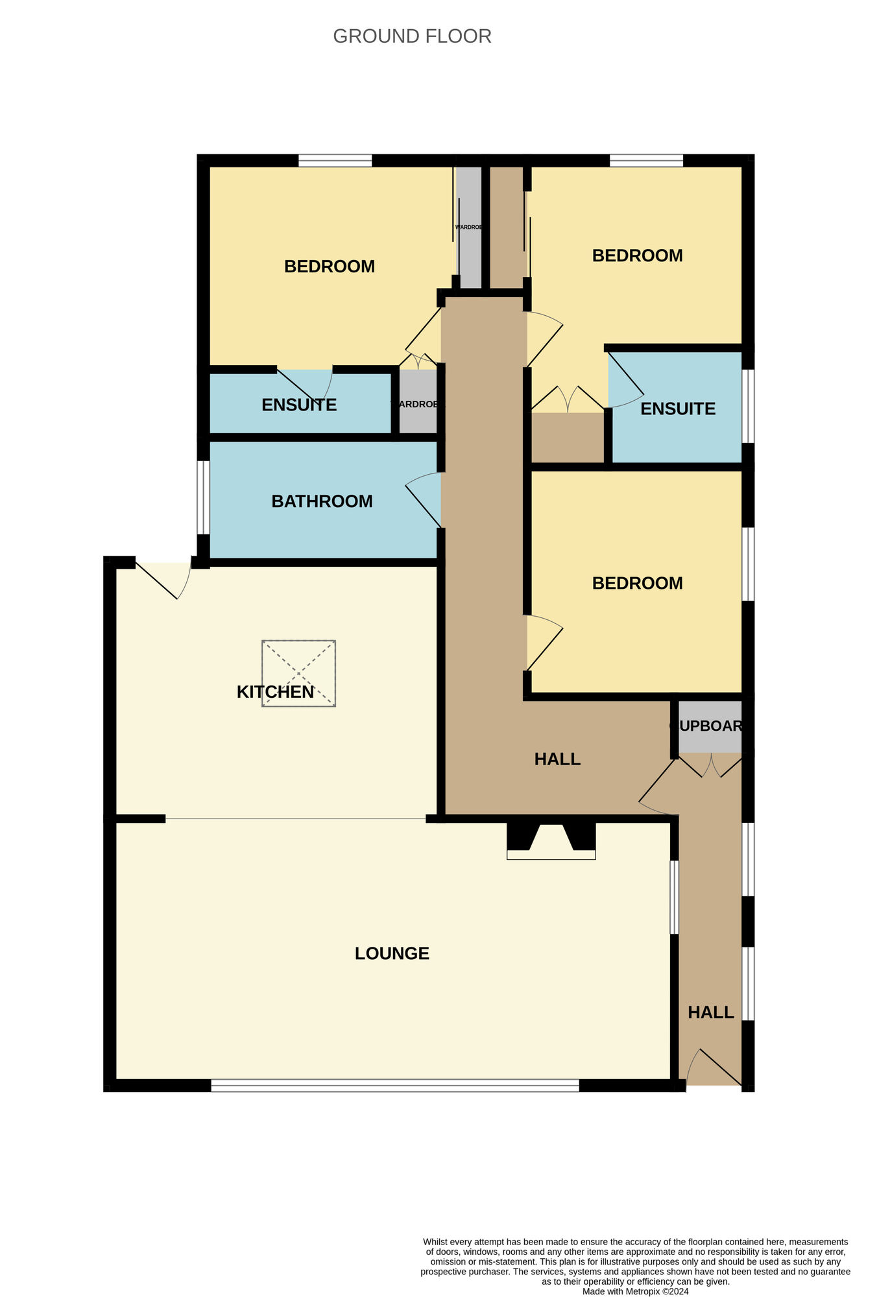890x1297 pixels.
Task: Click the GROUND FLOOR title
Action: pyautogui.click(x=412, y=36)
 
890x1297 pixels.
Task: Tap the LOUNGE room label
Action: pyautogui.click(x=392, y=953)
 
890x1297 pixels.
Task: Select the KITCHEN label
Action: pyautogui.click(x=275, y=692)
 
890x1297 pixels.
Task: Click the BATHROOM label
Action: pyautogui.click(x=322, y=501)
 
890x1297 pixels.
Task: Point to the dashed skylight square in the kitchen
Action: pyautogui.click(x=298, y=673)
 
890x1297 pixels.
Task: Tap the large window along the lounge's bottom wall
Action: pyautogui.click(x=394, y=1085)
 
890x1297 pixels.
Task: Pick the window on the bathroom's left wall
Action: pyautogui.click(x=203, y=497)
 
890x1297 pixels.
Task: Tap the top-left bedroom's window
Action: pyautogui.click(x=335, y=160)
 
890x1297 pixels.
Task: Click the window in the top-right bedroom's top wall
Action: pyautogui.click(x=646, y=160)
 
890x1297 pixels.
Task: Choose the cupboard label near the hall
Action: pyautogui.click(x=709, y=726)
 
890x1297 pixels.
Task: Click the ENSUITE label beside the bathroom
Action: pyautogui.click(x=299, y=405)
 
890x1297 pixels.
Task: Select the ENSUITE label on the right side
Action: pyautogui.click(x=678, y=409)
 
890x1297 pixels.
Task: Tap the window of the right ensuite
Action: pyautogui.click(x=748, y=406)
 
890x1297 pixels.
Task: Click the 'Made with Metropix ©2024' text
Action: pyautogui.click(x=635, y=1291)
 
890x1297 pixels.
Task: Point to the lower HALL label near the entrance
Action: pyautogui.click(x=710, y=1012)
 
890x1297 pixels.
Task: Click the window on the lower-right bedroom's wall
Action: pyautogui.click(x=748, y=564)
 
